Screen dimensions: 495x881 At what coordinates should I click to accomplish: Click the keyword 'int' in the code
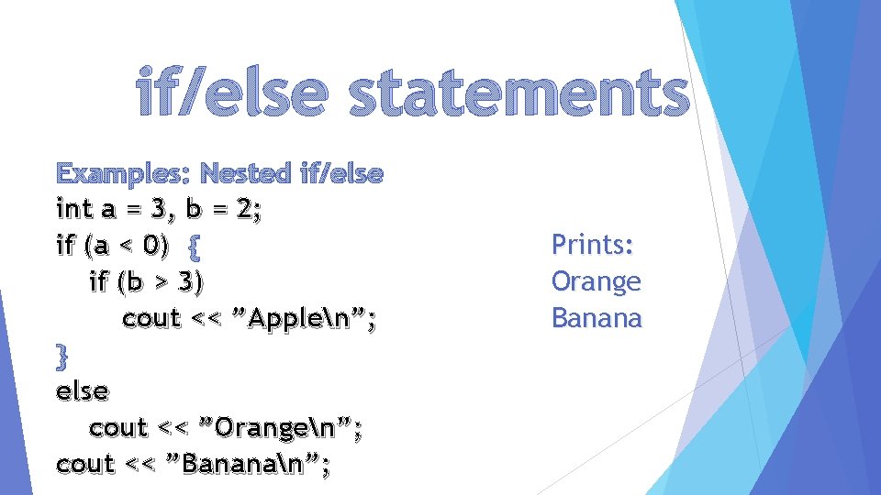(x=74, y=209)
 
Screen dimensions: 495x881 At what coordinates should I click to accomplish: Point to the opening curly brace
(x=194, y=246)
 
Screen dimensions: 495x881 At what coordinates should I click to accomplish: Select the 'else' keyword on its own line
(x=82, y=391)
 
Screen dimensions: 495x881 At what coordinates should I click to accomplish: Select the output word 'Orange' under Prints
(x=596, y=281)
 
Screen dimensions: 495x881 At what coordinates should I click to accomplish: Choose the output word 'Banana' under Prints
(x=597, y=318)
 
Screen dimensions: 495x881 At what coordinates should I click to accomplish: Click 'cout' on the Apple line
(x=151, y=319)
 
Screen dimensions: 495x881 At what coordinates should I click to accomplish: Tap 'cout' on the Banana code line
(x=85, y=465)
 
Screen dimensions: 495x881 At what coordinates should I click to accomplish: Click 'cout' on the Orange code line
(x=118, y=428)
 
